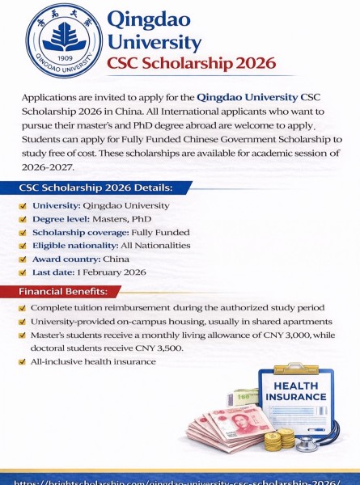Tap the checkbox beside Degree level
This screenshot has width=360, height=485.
tap(23, 219)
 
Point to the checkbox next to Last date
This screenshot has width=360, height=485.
tap(23, 272)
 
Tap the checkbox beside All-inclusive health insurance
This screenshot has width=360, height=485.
tap(22, 362)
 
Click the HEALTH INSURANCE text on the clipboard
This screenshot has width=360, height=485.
tap(295, 391)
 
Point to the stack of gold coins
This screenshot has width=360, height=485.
tap(278, 439)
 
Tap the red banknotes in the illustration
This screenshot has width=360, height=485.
tap(222, 428)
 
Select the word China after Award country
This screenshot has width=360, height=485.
tap(116, 259)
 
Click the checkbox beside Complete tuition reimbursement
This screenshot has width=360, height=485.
tap(22, 308)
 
